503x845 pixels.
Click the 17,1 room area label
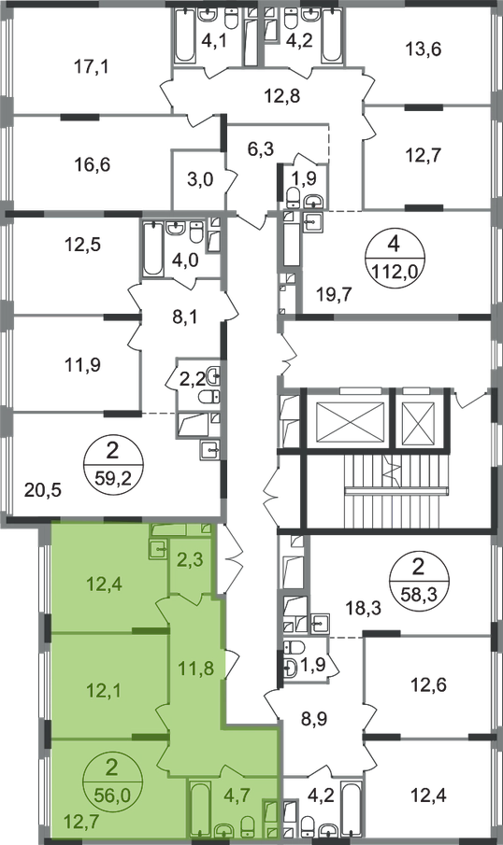(92, 67)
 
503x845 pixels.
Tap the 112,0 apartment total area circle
(394, 258)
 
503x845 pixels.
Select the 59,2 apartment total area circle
(111, 464)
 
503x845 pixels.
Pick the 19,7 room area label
(333, 295)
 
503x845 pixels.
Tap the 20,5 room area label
(43, 490)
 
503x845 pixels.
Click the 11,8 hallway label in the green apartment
(196, 669)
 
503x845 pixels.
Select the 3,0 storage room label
(201, 179)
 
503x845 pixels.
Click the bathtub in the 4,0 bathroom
(152, 250)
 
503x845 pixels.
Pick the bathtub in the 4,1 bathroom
(184, 36)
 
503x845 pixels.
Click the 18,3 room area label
(363, 609)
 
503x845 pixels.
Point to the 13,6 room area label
(424, 49)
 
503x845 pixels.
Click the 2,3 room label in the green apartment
(190, 559)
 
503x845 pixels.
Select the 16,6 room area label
(93, 164)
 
